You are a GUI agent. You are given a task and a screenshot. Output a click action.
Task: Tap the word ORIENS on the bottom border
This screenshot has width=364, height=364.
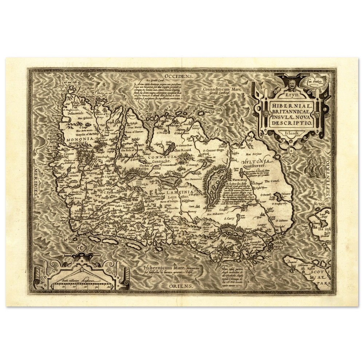tap(181, 287)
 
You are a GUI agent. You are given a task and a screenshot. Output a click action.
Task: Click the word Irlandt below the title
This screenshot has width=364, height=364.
tap(290, 133)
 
